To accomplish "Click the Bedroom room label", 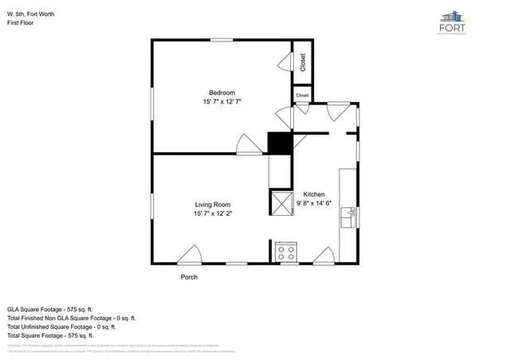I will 222,92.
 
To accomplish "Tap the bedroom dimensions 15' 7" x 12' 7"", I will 222,102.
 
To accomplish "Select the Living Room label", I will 213,205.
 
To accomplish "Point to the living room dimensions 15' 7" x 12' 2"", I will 213,214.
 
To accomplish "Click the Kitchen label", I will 313,194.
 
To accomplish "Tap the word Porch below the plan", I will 188,277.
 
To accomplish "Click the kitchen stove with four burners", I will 286,253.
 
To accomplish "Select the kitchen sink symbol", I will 349,217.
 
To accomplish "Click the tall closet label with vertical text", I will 303,62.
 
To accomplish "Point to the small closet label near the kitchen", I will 303,96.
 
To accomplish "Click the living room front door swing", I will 190,255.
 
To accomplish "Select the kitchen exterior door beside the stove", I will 324,255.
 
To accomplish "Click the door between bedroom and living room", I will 247,144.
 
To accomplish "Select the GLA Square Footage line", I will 50,308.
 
